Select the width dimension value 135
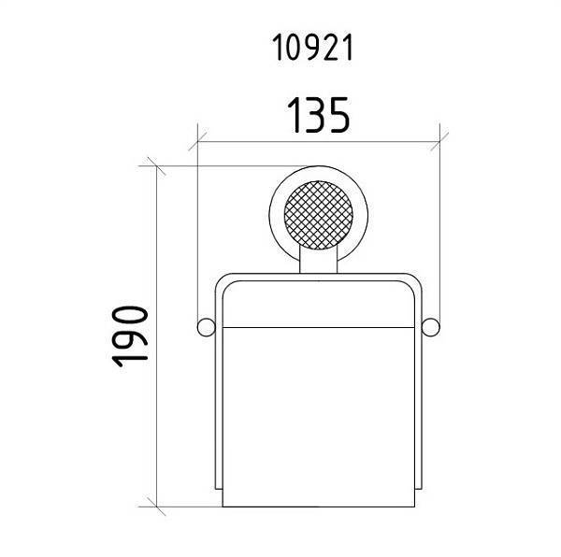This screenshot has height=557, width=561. click(318, 116)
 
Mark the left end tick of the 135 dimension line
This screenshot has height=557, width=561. click(197, 143)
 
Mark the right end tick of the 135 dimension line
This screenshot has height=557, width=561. click(440, 143)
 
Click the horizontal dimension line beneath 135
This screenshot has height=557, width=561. click(318, 143)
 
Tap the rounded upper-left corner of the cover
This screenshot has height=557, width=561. click(225, 280)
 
